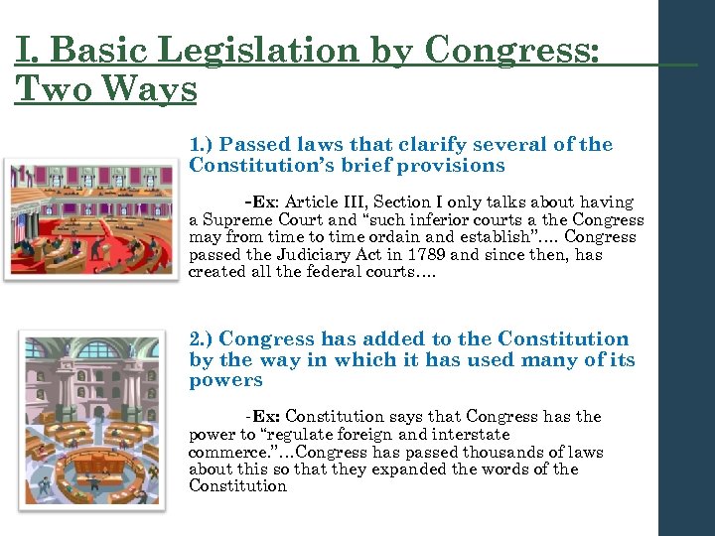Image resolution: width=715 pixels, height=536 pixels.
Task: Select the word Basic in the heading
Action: click(x=86, y=50)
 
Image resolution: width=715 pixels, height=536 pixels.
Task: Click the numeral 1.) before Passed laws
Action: click(x=203, y=145)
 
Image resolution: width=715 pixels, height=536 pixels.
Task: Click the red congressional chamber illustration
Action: click(x=90, y=215)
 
